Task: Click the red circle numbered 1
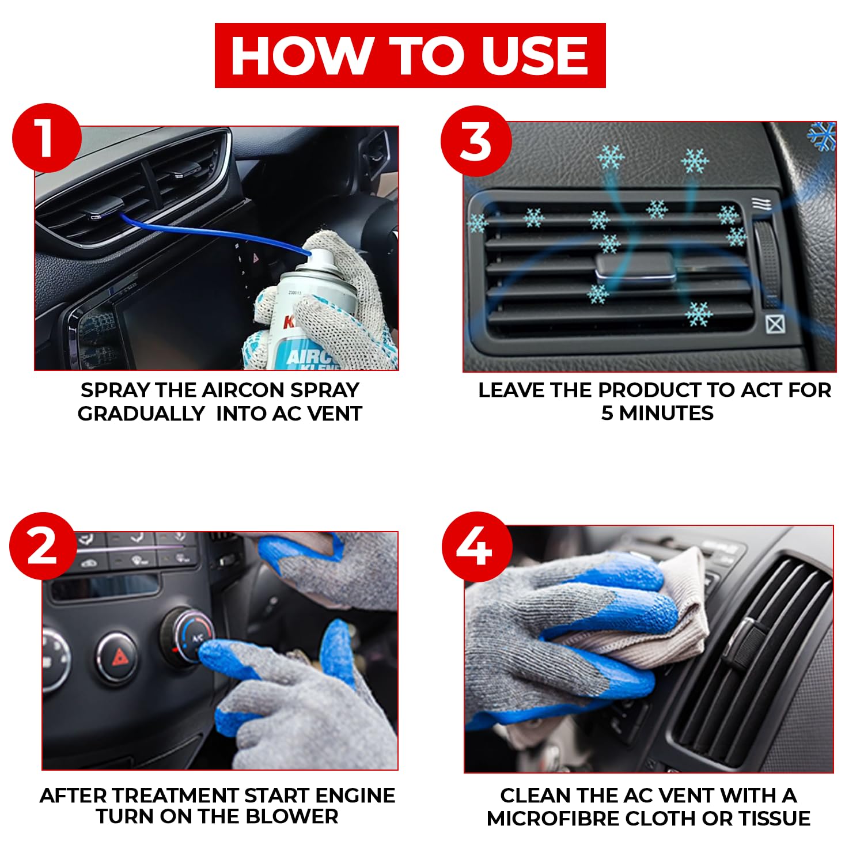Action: [47, 138]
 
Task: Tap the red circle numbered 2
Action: [43, 546]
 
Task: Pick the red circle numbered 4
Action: [477, 547]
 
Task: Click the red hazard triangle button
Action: [119, 657]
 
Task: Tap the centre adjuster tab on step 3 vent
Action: [635, 268]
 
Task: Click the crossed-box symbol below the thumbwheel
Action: [775, 324]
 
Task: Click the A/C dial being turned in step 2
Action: [193, 636]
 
